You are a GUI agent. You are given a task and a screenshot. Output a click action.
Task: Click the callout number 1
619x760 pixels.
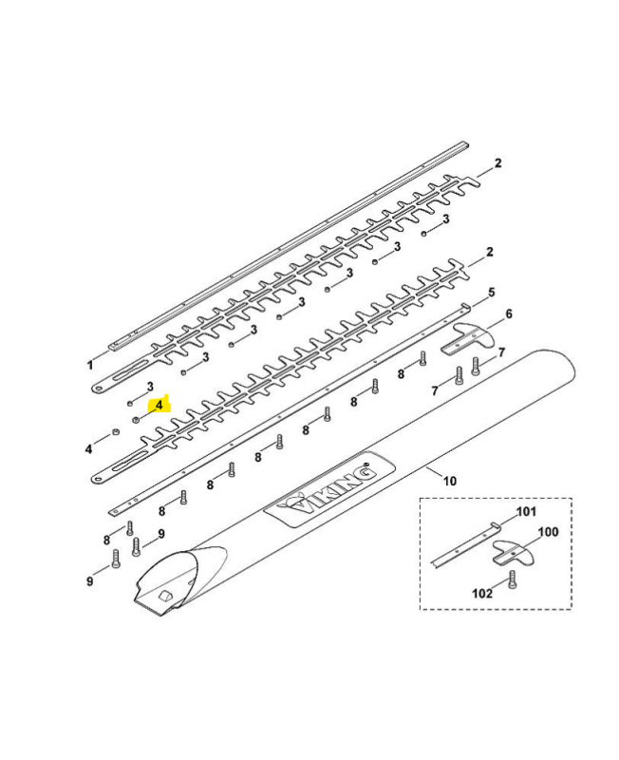pyautogui.click(x=89, y=365)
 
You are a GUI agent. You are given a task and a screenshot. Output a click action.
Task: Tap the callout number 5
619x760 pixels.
pyautogui.click(x=491, y=293)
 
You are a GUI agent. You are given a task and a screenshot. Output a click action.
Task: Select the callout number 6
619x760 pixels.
pyautogui.click(x=509, y=313)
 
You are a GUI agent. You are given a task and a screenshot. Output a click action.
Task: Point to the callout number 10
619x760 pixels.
pyautogui.click(x=450, y=481)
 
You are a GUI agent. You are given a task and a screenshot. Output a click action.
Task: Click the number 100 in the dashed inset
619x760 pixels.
pyautogui.click(x=549, y=532)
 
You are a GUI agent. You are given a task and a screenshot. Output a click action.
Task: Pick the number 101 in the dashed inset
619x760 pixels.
pyautogui.click(x=527, y=511)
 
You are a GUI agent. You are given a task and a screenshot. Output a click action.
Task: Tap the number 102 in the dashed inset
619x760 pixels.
pyautogui.click(x=482, y=593)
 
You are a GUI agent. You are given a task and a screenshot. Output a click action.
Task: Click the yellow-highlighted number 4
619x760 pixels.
pyautogui.click(x=159, y=404)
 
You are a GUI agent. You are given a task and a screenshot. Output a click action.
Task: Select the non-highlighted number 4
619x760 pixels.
pyautogui.click(x=88, y=449)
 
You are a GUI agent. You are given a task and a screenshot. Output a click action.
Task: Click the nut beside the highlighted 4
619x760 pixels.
pyautogui.click(x=136, y=419)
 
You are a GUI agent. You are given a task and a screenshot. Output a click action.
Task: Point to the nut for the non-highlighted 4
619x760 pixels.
pyautogui.click(x=116, y=432)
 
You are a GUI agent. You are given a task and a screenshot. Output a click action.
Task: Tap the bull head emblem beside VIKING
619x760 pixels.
pyautogui.click(x=295, y=505)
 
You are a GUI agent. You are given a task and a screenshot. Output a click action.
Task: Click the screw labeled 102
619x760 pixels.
pyautogui.click(x=512, y=580)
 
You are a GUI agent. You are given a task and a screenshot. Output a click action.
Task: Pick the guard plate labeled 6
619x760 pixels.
pyautogui.click(x=468, y=337)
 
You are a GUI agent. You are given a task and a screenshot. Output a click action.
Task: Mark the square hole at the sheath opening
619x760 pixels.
pyautogui.click(x=165, y=595)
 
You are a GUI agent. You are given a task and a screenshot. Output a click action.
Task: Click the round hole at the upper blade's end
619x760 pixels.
pyautogui.click(x=101, y=388)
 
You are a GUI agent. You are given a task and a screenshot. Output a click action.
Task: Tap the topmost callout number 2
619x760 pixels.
pyautogui.click(x=497, y=163)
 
